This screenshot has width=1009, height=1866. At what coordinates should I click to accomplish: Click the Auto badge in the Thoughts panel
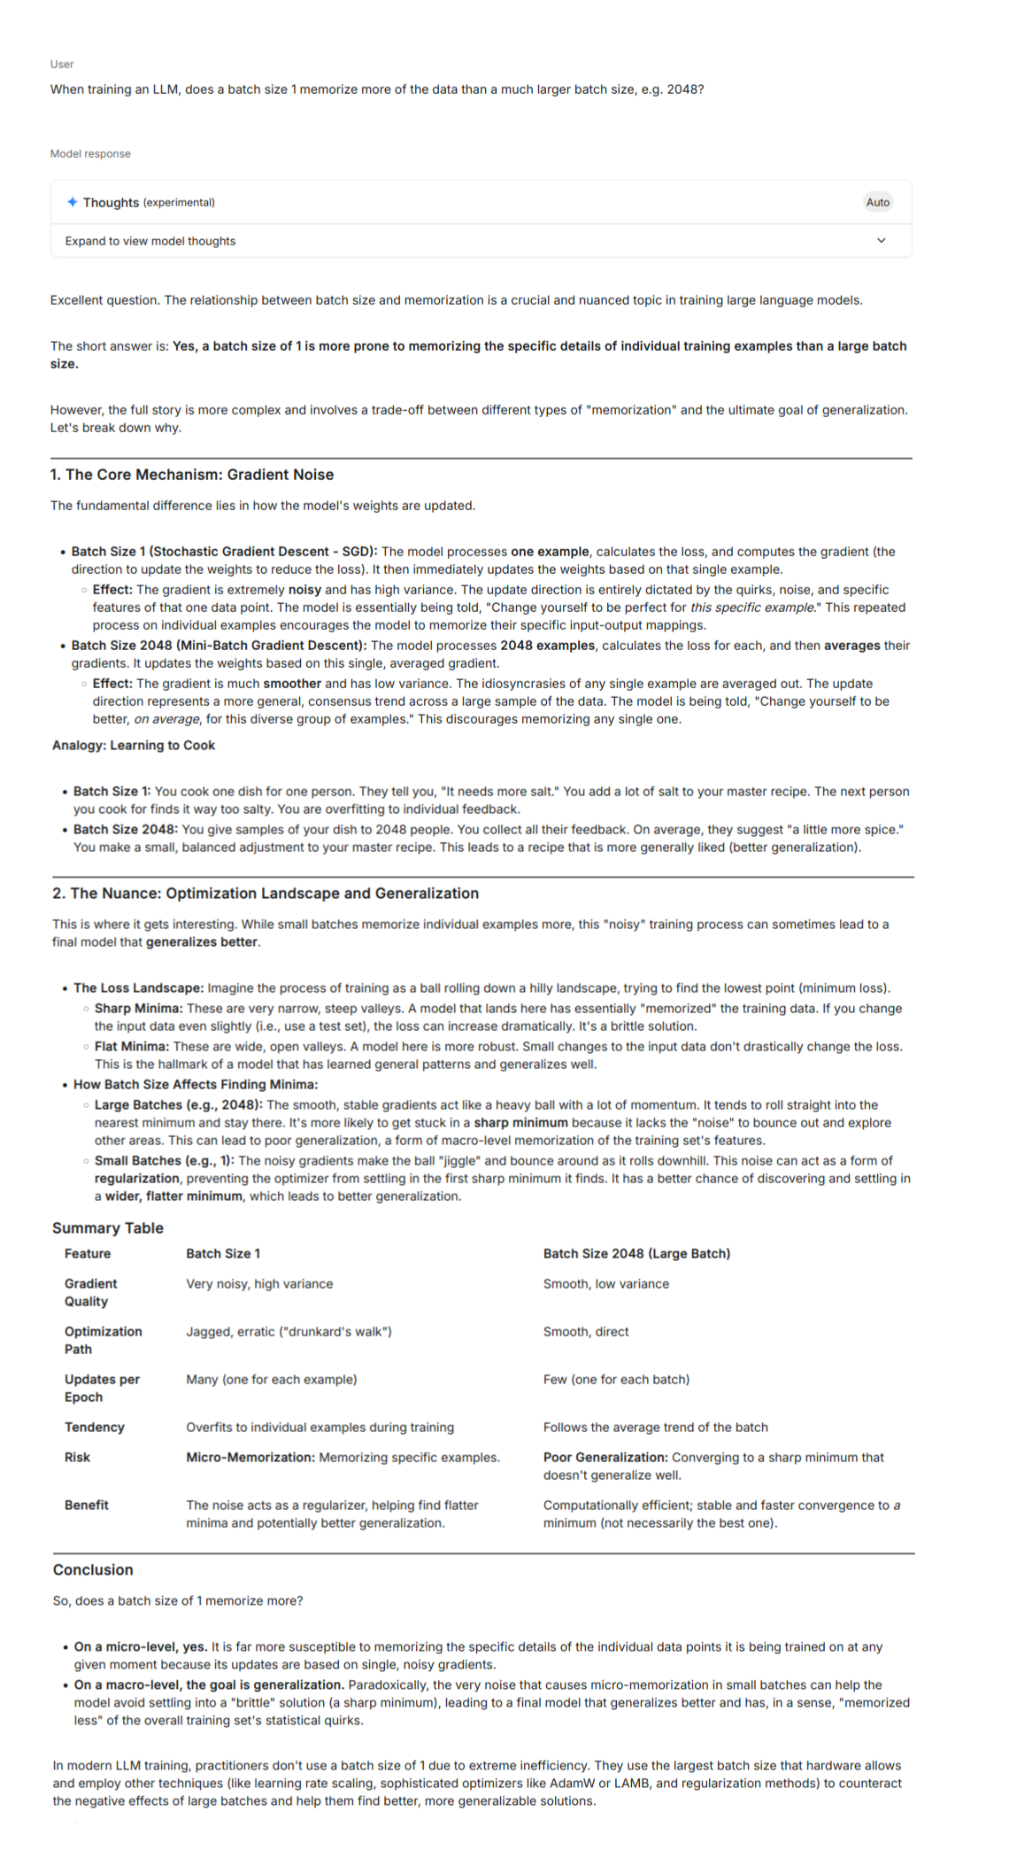tap(877, 202)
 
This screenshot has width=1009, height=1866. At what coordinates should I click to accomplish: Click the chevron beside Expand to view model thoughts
tap(881, 241)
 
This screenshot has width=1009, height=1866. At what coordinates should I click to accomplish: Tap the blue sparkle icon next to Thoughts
tap(72, 202)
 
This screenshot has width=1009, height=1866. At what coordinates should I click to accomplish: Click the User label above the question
tap(62, 65)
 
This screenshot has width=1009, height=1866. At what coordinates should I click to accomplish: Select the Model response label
tap(90, 154)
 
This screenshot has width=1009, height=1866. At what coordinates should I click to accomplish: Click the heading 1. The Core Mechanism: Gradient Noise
tap(192, 475)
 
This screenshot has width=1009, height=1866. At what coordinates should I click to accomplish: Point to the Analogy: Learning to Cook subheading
tap(134, 745)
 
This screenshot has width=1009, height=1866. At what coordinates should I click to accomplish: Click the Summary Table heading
tap(108, 1227)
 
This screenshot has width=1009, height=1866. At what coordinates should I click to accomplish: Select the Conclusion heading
tap(93, 1569)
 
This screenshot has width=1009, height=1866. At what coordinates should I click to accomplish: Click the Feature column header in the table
tap(88, 1253)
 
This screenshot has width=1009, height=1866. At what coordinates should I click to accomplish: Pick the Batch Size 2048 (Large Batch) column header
tap(636, 1253)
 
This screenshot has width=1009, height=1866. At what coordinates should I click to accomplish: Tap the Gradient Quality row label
tap(90, 1292)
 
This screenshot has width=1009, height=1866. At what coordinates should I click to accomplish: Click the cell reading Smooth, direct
tap(586, 1331)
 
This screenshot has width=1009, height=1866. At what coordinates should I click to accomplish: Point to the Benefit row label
tap(87, 1505)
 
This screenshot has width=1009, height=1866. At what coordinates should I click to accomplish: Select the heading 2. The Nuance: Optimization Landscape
tap(266, 893)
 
